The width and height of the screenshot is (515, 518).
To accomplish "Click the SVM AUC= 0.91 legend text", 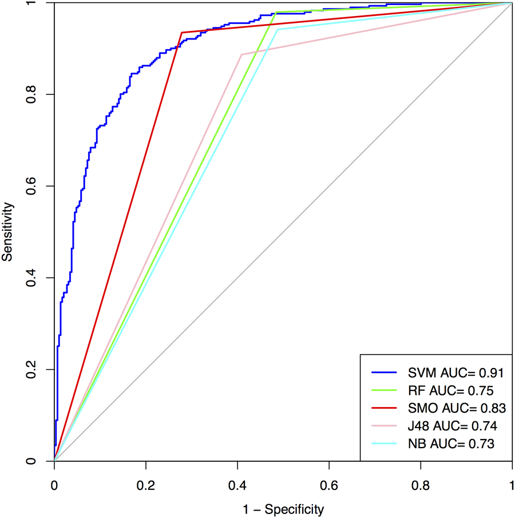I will click(455, 373).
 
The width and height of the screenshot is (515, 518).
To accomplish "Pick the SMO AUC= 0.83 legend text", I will click(455, 408).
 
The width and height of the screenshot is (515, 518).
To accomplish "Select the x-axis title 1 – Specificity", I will click(283, 509).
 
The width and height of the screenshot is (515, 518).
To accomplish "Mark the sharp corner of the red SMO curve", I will click(181, 33).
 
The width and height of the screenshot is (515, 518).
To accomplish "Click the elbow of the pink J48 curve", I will click(241, 54).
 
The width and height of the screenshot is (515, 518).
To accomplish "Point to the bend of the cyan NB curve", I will click(278, 29).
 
